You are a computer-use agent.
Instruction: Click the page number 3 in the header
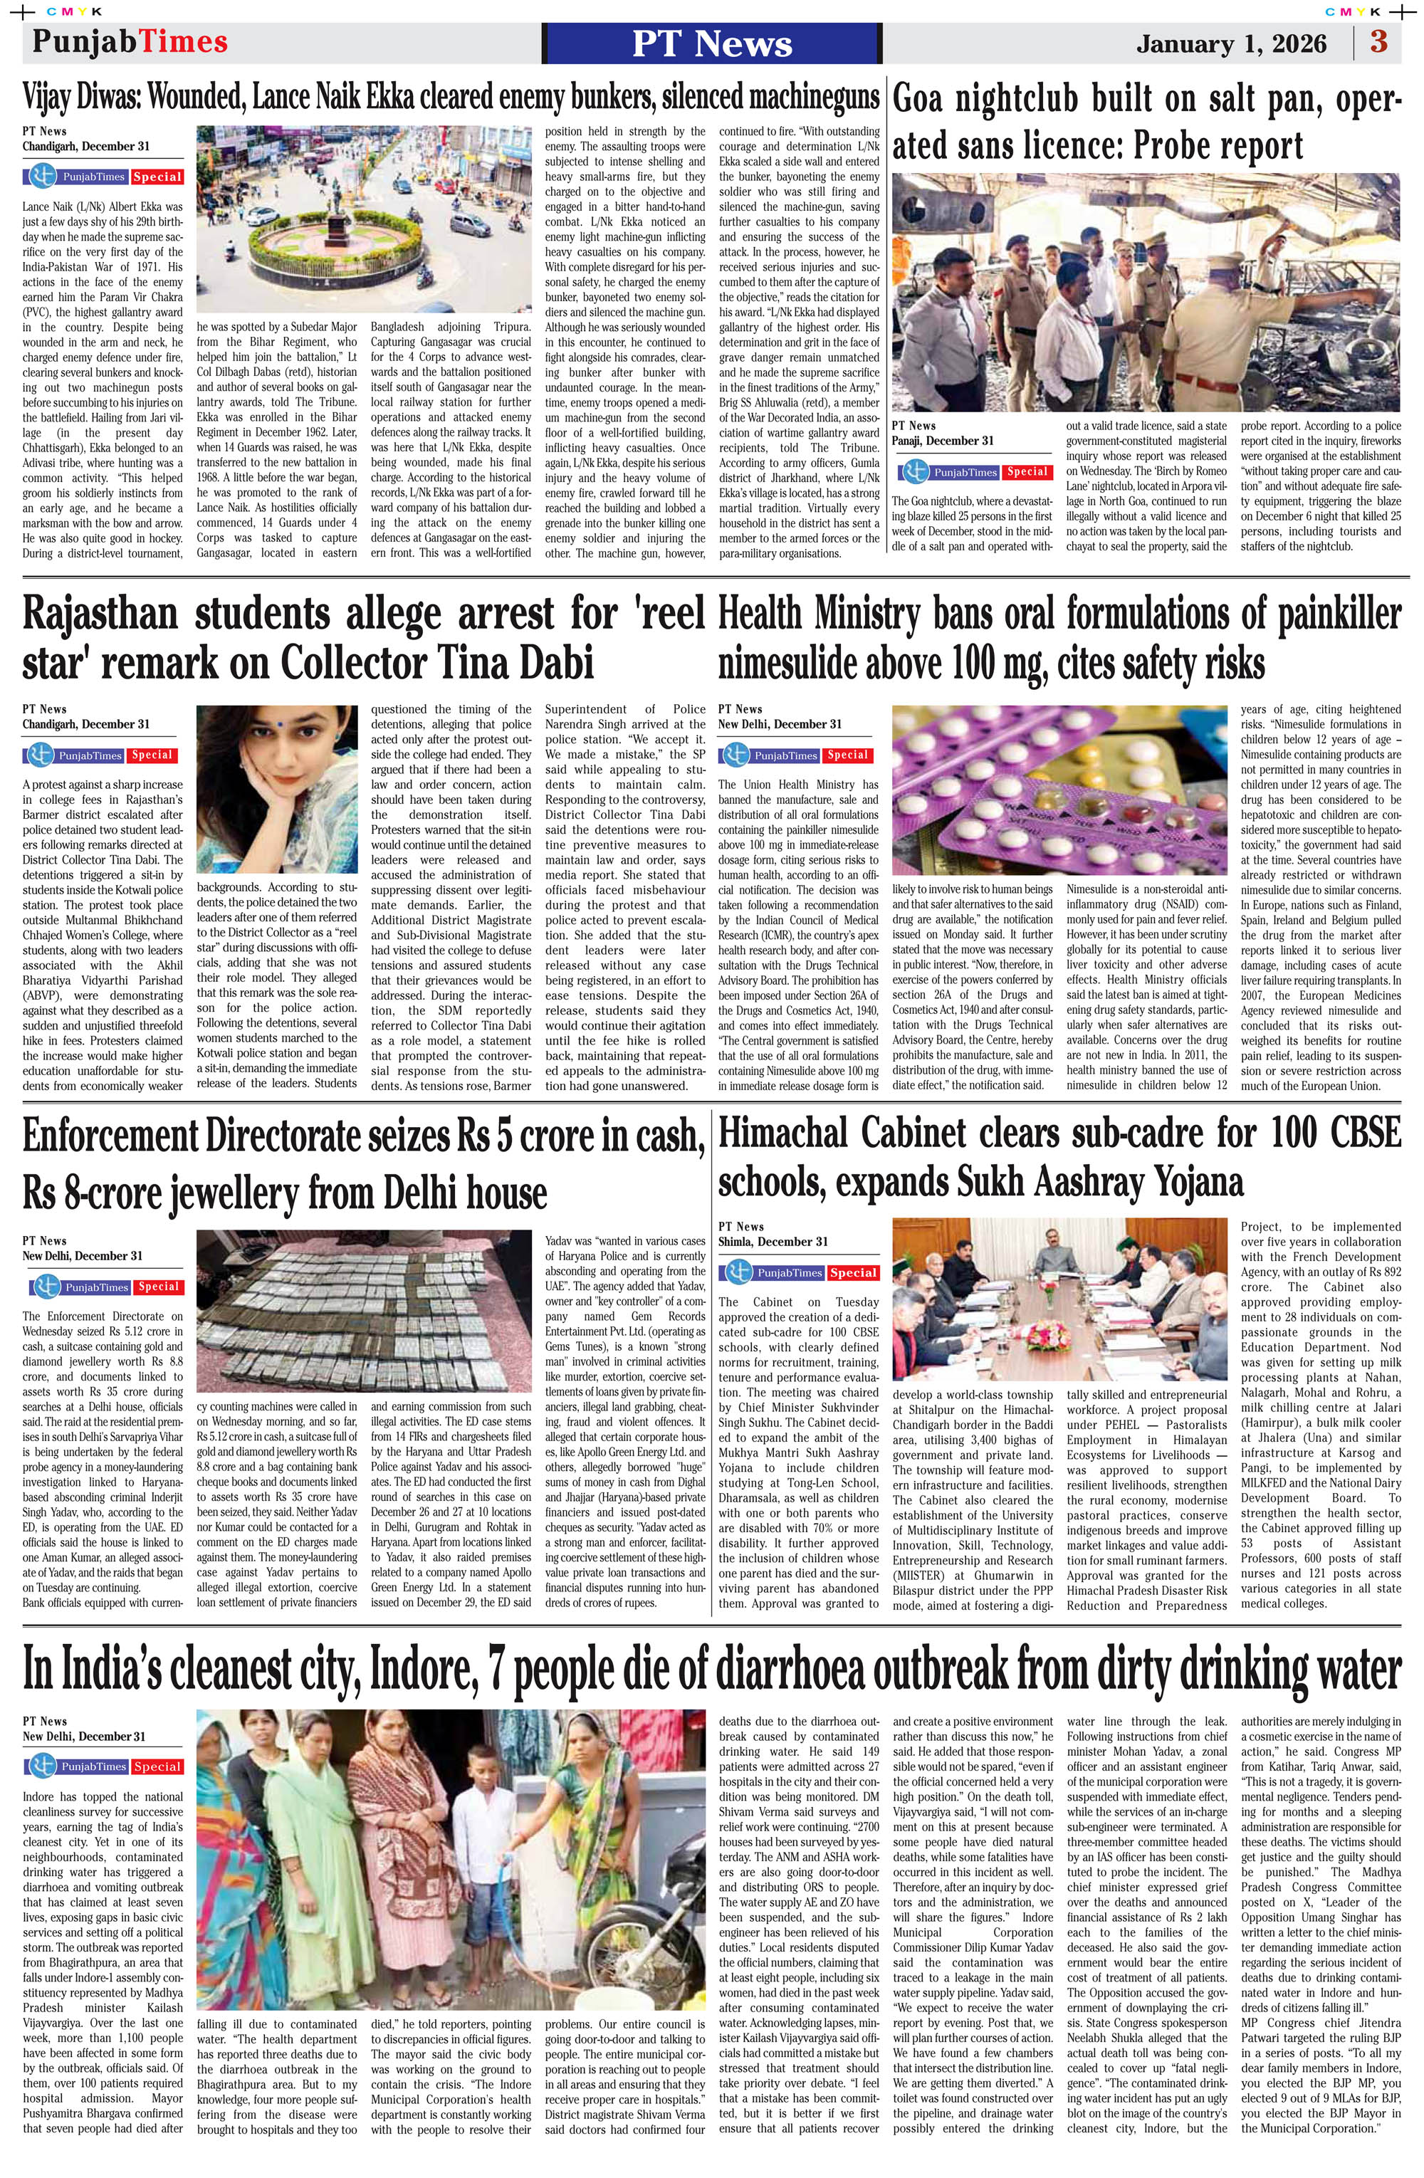(x=1378, y=42)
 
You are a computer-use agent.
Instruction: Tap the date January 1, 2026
(x=1231, y=44)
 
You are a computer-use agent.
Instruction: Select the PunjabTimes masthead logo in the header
(x=130, y=42)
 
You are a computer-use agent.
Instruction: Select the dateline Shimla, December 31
(x=773, y=1242)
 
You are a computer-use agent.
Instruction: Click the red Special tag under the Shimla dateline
(x=853, y=1273)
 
